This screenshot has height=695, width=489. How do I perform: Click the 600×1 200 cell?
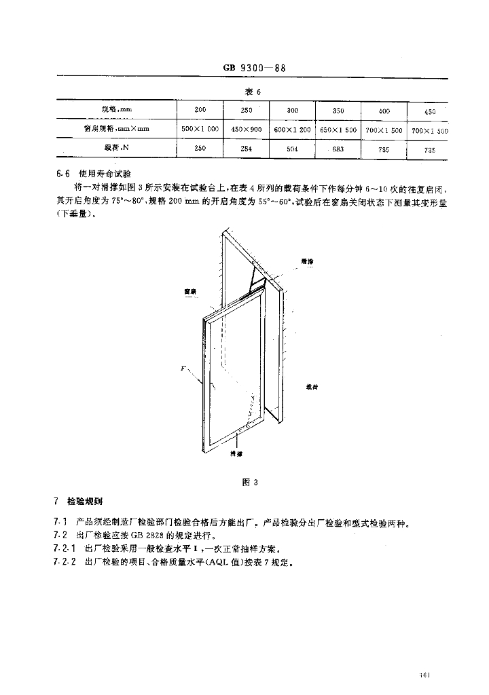[x=293, y=129]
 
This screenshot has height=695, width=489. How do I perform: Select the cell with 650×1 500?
[x=338, y=129]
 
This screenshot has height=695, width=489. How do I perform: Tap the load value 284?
[x=247, y=149]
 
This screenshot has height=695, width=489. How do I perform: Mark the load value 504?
[x=293, y=149]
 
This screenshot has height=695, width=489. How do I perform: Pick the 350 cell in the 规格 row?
[x=338, y=111]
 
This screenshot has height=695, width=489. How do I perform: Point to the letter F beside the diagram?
[x=183, y=368]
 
